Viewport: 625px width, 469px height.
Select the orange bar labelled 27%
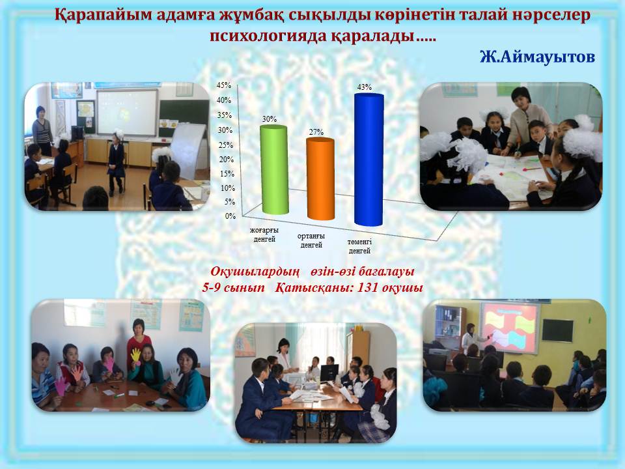click(x=320, y=179)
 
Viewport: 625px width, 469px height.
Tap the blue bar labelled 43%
click(x=368, y=160)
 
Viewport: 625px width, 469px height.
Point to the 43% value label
click(x=364, y=87)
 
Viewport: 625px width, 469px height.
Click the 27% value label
click(x=316, y=132)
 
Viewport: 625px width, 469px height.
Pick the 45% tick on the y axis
click(x=223, y=85)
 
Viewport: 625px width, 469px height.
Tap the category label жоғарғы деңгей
click(x=264, y=234)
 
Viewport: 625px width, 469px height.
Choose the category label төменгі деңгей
click(x=359, y=246)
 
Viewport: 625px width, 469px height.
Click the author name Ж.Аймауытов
click(x=537, y=57)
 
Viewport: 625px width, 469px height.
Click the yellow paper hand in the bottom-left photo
click(x=135, y=355)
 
